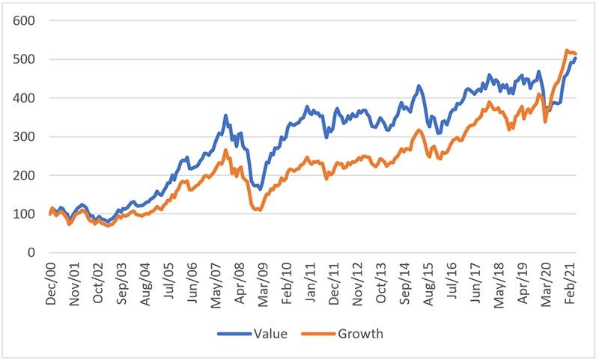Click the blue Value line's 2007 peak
click(x=225, y=116)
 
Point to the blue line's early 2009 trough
click(x=261, y=189)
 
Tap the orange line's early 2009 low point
click(x=259, y=210)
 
